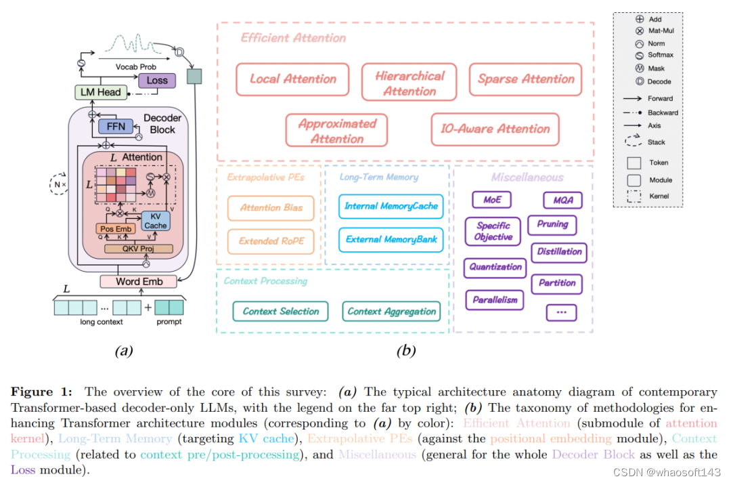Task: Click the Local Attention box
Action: pos(292,79)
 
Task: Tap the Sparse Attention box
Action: pos(526,79)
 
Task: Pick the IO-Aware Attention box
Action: pos(495,129)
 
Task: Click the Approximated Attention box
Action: pos(337,131)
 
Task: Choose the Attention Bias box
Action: pos(271,208)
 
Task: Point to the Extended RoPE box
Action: pos(271,240)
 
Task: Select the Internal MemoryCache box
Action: pos(391,206)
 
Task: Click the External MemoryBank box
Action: pos(391,239)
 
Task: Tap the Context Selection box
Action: pos(280,312)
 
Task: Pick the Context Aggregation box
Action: pos(392,312)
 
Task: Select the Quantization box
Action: pos(496,267)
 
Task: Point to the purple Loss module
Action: pos(156,80)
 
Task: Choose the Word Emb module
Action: pos(137,281)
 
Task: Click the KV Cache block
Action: pos(155,221)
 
